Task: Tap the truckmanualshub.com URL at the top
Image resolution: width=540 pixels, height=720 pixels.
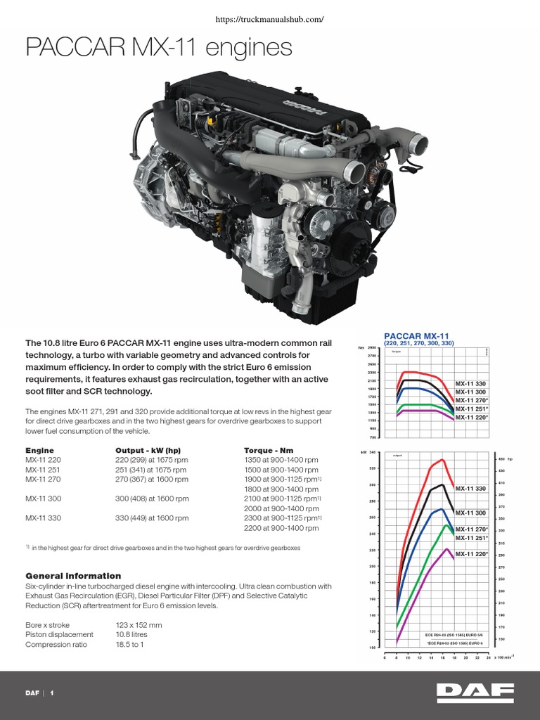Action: pos(270,20)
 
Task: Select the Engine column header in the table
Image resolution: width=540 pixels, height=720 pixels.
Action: pos(39,449)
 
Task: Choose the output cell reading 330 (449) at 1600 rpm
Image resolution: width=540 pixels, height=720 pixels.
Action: pos(152,518)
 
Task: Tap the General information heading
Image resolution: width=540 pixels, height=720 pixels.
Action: pos(73,576)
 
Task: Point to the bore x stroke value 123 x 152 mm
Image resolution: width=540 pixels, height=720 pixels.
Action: pos(139,624)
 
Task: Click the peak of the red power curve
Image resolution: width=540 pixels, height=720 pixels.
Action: pos(442,460)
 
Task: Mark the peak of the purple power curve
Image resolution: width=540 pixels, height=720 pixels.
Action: pos(446,549)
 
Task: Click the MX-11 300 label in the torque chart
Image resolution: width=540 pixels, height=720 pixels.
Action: pos(470,392)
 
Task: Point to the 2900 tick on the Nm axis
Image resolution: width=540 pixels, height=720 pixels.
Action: pos(372,348)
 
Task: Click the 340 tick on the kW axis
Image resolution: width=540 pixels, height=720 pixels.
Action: pos(373,453)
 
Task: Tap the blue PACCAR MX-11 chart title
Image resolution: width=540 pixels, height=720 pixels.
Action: pos(416,336)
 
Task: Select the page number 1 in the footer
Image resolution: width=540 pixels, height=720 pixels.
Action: pos(51,693)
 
